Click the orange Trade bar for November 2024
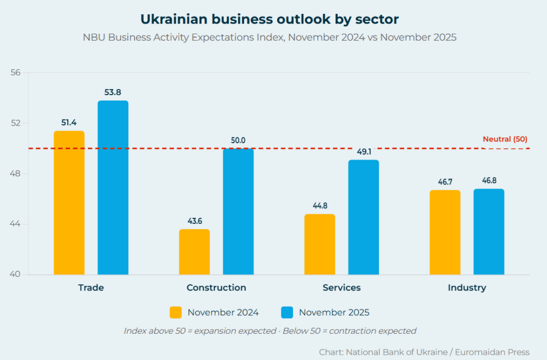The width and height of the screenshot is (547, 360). click(x=69, y=203)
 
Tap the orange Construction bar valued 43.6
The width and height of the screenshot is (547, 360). click(x=194, y=252)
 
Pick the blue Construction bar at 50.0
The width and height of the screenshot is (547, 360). click(x=238, y=212)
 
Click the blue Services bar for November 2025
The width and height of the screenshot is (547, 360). click(x=363, y=217)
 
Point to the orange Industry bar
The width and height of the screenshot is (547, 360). click(x=445, y=232)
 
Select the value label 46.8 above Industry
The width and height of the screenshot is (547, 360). click(x=489, y=181)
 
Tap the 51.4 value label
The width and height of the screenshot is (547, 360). click(x=69, y=123)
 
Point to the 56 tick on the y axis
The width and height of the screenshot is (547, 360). click(x=15, y=73)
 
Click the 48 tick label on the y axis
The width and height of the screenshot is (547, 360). click(x=15, y=174)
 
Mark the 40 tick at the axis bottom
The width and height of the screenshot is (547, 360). click(x=15, y=275)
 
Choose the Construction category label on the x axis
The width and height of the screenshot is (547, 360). click(x=216, y=288)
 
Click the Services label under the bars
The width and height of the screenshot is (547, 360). click(x=341, y=288)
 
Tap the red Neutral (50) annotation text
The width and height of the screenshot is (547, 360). click(x=505, y=139)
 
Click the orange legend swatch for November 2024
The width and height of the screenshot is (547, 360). click(x=176, y=312)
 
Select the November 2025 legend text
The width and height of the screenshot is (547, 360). click(x=334, y=312)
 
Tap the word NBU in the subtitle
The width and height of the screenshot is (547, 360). click(x=93, y=38)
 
